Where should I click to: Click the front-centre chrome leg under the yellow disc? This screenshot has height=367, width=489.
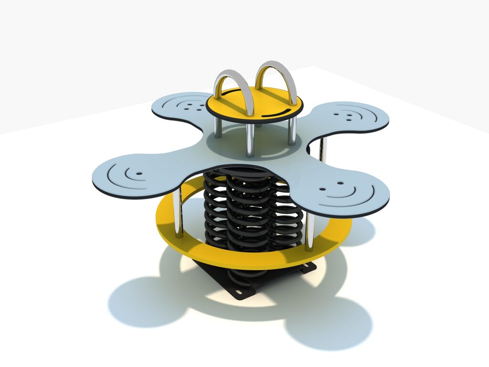tap(249, 141)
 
